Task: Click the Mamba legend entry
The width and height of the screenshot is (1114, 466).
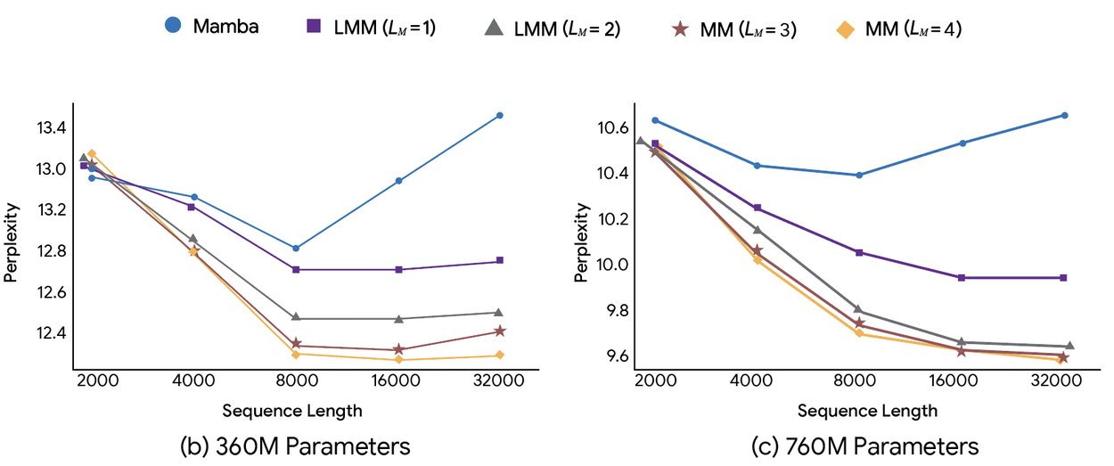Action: (x=212, y=26)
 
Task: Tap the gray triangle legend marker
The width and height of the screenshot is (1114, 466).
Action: (x=492, y=27)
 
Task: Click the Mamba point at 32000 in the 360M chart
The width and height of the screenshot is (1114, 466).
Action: (x=499, y=116)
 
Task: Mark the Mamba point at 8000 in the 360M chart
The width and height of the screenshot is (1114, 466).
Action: (x=295, y=248)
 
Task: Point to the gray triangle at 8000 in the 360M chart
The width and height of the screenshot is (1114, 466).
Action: (x=295, y=317)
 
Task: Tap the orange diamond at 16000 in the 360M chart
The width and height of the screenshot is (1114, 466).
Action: (x=398, y=359)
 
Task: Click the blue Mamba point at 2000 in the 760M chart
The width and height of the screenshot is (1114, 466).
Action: (x=655, y=120)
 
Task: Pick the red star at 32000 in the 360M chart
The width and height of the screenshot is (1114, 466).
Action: (x=499, y=331)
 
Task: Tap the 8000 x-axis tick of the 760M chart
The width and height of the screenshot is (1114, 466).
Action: (x=858, y=380)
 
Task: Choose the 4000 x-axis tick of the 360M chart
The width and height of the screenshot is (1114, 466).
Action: (x=192, y=380)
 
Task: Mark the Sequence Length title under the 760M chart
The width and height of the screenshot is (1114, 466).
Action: (x=867, y=411)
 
